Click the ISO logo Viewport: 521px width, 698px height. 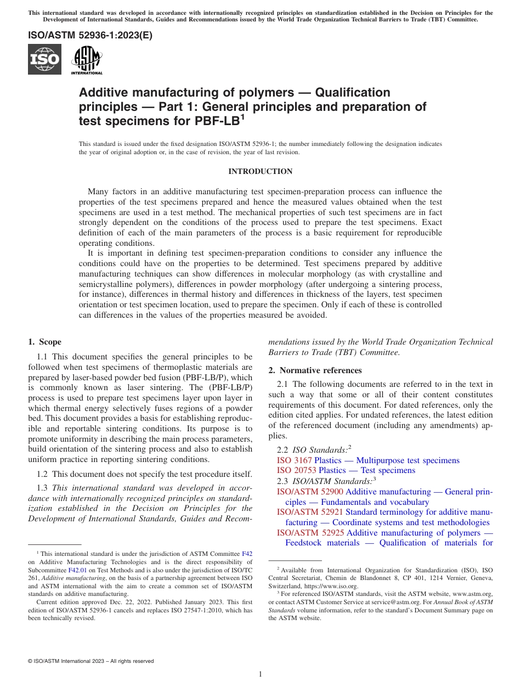click(x=44, y=59)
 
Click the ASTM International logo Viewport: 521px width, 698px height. click(x=87, y=59)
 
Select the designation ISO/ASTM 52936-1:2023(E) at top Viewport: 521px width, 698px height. click(x=90, y=36)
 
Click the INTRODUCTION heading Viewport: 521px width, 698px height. click(x=260, y=172)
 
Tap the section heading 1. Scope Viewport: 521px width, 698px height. click(x=45, y=342)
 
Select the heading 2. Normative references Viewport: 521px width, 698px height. click(x=315, y=370)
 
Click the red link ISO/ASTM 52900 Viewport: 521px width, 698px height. click(x=310, y=492)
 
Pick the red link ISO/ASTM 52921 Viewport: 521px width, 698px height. click(x=310, y=512)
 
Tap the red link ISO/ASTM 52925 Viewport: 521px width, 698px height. click(x=310, y=533)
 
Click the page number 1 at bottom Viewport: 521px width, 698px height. click(x=260, y=674)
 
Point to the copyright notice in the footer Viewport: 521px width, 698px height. click(x=90, y=661)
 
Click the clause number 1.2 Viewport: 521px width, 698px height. click(x=42, y=474)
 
